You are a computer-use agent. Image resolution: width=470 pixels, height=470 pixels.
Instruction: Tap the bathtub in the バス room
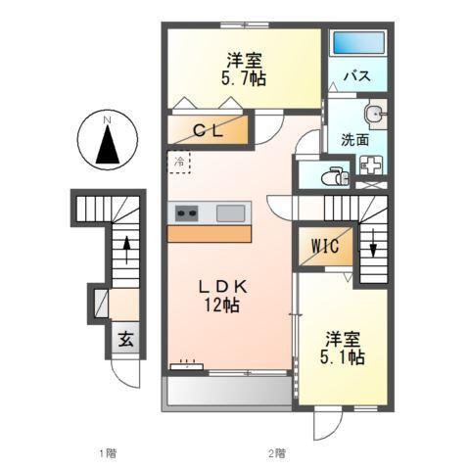pyautogui.click(x=358, y=43)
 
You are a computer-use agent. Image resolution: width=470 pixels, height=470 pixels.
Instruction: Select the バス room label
pyautogui.click(x=355, y=76)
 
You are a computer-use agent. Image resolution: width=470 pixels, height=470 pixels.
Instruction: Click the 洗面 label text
pyautogui.click(x=354, y=139)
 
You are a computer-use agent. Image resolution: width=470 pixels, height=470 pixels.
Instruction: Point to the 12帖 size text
pyautogui.click(x=221, y=305)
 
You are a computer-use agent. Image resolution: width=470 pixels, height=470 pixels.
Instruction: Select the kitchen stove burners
pyautogui.click(x=187, y=212)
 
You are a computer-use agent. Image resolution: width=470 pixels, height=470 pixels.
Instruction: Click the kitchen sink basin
pyautogui.click(x=231, y=212)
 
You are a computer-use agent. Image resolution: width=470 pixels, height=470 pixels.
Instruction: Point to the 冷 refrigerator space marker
pyautogui.click(x=179, y=161)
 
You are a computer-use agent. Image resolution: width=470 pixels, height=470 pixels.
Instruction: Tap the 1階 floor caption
pyautogui.click(x=108, y=453)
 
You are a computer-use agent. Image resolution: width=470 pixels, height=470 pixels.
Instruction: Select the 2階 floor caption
pyautogui.click(x=277, y=453)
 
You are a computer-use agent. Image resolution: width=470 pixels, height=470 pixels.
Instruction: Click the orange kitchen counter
pyautogui.click(x=211, y=233)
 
